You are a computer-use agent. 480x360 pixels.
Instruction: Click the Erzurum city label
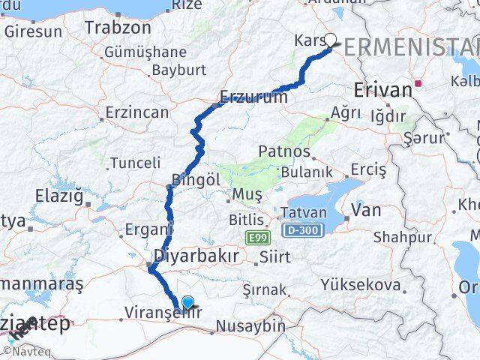point(254,97)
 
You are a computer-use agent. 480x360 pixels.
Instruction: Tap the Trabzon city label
point(118,28)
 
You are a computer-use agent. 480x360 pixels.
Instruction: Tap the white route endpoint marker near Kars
point(330,42)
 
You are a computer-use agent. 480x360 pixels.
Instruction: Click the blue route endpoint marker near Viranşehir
point(187,303)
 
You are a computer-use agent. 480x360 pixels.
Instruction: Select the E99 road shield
point(256,237)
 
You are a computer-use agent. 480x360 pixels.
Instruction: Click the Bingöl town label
point(196,180)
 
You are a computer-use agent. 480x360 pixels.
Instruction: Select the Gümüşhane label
point(145,52)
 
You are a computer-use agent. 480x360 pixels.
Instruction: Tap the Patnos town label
point(283,151)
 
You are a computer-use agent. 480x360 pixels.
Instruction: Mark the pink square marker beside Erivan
point(424,84)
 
